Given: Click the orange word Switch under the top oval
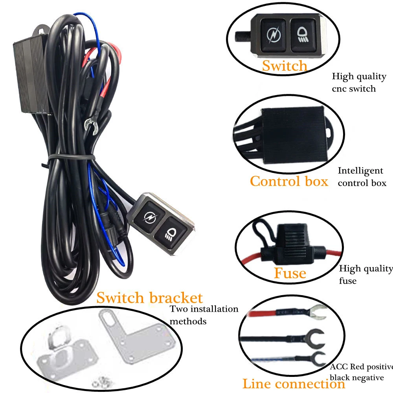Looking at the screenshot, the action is (285, 66).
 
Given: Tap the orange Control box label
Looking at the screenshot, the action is (289, 181).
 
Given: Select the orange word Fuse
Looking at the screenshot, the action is (290, 273).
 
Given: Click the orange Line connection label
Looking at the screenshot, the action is (294, 384).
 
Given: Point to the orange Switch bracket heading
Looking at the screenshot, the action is (149, 298).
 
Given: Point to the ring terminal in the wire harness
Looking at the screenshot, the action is (90, 125).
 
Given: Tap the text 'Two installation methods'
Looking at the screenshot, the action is (204, 315).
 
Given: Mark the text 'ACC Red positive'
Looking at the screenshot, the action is (361, 367).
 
